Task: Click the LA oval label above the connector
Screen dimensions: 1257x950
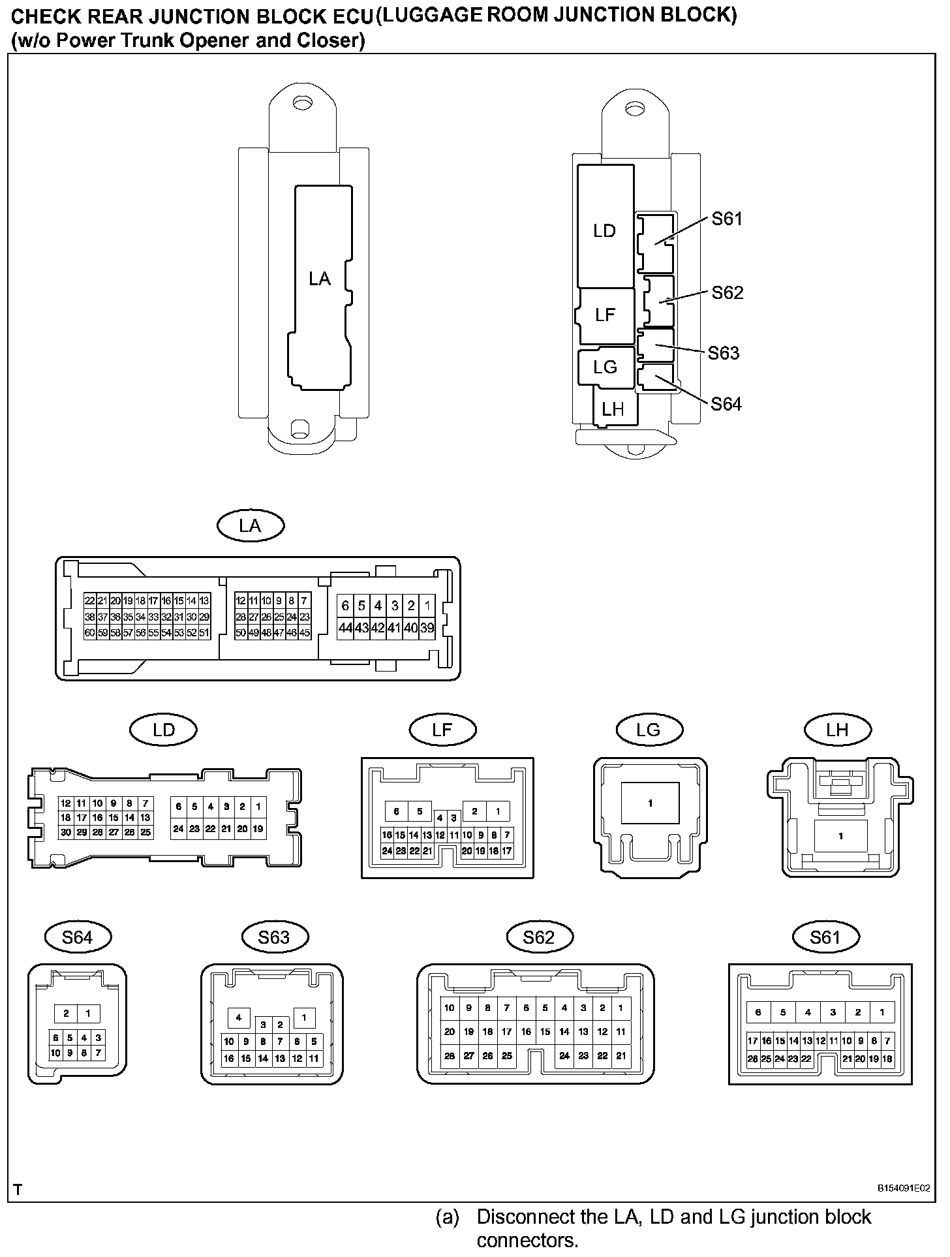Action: click(250, 526)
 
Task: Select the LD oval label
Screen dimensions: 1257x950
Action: click(164, 730)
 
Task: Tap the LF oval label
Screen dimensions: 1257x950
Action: click(442, 730)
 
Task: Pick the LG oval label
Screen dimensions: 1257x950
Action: click(649, 730)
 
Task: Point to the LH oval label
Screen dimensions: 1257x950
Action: click(837, 730)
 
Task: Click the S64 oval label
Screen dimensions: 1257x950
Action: click(78, 938)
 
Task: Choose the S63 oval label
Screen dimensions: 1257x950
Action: click(273, 938)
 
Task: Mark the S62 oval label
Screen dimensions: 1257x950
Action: click(539, 938)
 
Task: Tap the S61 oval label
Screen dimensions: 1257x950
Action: click(825, 938)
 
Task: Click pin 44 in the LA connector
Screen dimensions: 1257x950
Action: click(345, 628)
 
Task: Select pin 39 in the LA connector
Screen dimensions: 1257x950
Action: click(427, 628)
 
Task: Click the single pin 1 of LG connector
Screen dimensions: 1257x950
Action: click(650, 803)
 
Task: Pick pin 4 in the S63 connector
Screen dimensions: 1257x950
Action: click(239, 1017)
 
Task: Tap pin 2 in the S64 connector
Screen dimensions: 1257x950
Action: click(66, 1014)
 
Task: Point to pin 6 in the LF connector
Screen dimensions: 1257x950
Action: click(396, 812)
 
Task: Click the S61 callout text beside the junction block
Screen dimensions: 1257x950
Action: click(727, 219)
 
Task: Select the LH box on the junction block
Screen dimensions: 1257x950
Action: click(613, 409)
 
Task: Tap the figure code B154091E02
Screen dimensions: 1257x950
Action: click(903, 1188)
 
